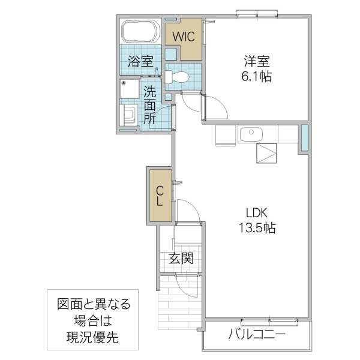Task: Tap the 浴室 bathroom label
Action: coord(141,61)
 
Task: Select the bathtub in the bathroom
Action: coord(141,32)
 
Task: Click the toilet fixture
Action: coord(178,77)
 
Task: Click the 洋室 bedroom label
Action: coord(256,61)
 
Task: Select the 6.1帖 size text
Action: coord(256,77)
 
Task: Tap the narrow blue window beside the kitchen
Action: coord(304,138)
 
